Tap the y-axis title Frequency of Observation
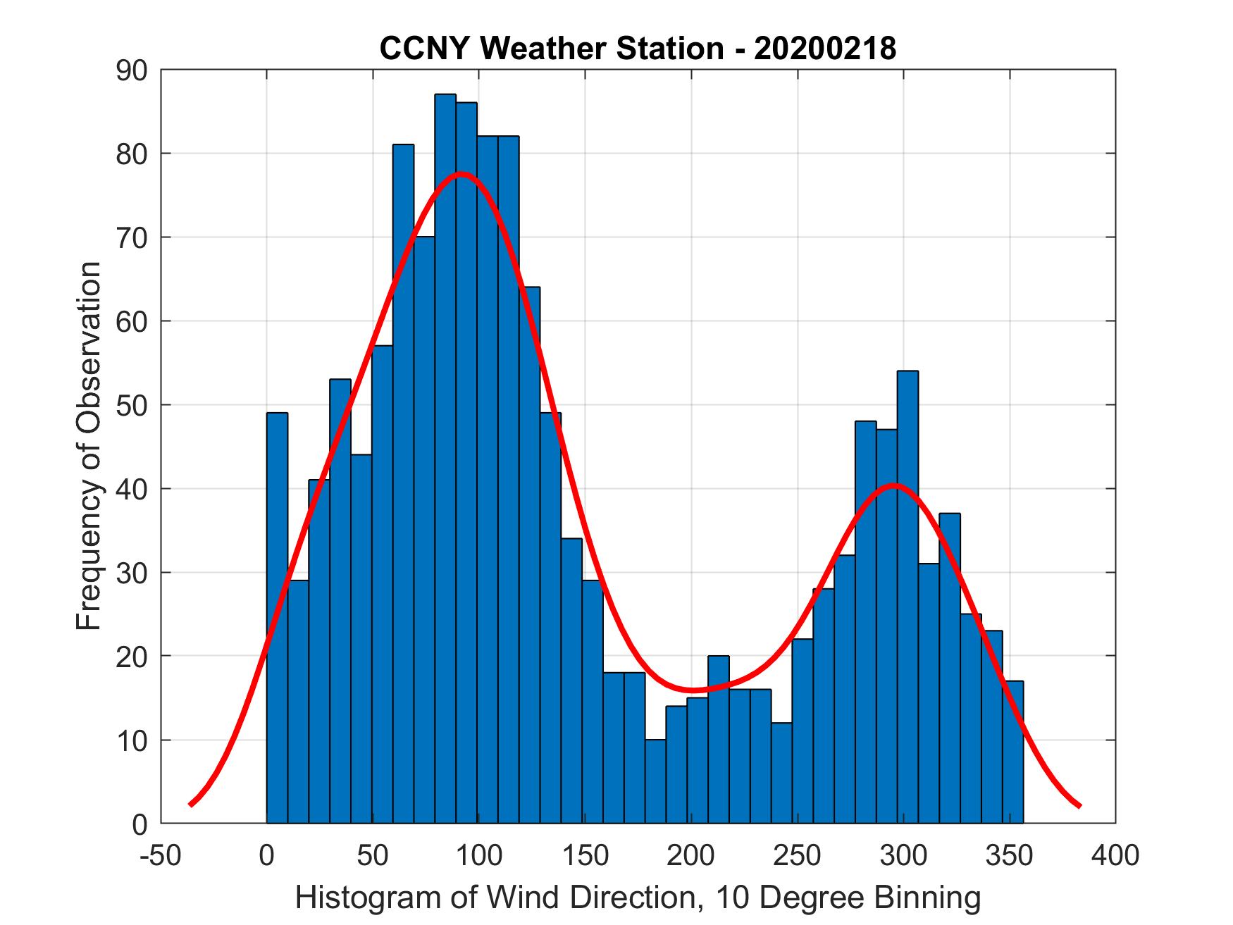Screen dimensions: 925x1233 click(89, 447)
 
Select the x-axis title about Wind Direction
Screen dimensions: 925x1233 click(638, 898)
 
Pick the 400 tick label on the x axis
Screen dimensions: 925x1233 click(1115, 856)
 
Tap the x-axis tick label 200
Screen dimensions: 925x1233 click(691, 856)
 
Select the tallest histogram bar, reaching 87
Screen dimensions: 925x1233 click(445, 458)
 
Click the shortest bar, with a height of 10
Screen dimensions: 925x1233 click(655, 781)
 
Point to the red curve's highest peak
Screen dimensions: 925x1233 click(461, 174)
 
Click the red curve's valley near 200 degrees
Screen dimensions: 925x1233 click(693, 690)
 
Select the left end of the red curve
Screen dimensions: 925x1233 click(191, 804)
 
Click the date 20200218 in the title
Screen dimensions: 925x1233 click(825, 49)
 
